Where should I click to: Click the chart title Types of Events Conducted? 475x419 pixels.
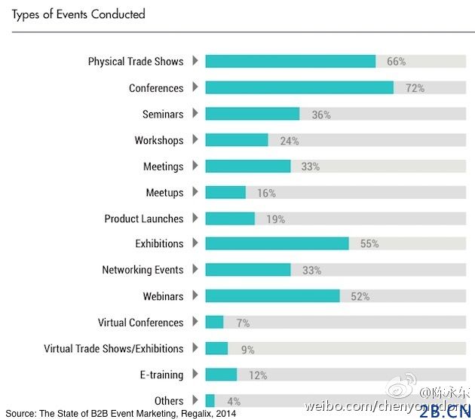point(78,14)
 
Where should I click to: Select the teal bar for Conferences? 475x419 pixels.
point(299,87)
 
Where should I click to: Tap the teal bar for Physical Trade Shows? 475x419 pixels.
point(290,61)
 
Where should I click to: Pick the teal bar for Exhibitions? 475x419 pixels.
point(277,243)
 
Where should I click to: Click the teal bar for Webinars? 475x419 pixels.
point(272,296)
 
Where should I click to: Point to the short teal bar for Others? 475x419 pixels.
point(210,401)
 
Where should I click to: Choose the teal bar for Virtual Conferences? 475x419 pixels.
point(214,323)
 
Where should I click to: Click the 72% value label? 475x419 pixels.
point(415,88)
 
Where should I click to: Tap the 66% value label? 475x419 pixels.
point(396,62)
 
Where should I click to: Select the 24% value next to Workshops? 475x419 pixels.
point(290,141)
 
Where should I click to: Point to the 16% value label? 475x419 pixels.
point(266,193)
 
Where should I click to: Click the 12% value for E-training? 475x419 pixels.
point(258,375)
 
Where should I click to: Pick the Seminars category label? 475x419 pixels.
point(163,114)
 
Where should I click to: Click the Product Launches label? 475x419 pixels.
point(144,219)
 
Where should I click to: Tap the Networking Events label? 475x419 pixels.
point(142,270)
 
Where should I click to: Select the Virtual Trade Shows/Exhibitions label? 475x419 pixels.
point(113,349)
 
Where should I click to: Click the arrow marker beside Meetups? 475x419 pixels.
point(195,191)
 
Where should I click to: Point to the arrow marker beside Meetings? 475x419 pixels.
point(195,165)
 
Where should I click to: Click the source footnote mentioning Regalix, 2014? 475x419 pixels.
point(121,414)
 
